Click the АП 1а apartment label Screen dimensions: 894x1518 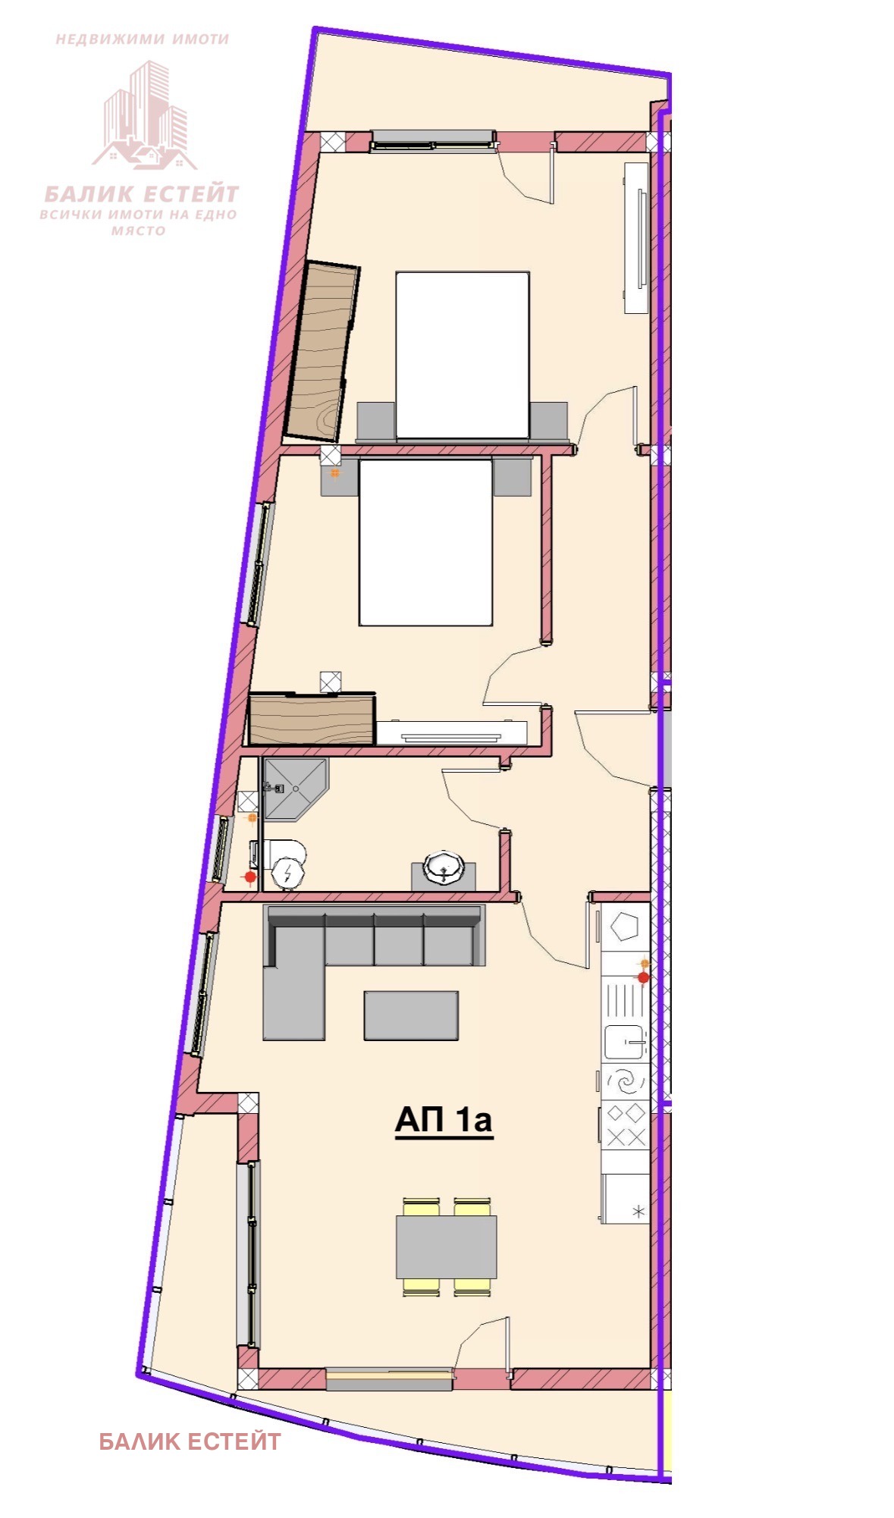[444, 1120]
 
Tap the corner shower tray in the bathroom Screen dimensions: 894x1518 [293, 789]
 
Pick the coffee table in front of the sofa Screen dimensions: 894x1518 [411, 1015]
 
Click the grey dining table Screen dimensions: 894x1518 [447, 1247]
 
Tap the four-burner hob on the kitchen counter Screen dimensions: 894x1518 [626, 1125]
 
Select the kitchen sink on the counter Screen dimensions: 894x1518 [626, 1042]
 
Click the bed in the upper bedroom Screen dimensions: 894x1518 [463, 355]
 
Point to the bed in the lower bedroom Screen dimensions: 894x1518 [426, 542]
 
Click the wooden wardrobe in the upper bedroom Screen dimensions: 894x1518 [322, 350]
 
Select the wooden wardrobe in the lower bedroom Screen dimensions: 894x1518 [312, 718]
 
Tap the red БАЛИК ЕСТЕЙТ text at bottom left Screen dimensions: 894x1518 [190, 1441]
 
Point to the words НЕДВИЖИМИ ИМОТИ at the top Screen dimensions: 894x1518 [143, 39]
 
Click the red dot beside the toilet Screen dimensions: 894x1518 [250, 877]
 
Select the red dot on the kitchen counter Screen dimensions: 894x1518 [644, 978]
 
